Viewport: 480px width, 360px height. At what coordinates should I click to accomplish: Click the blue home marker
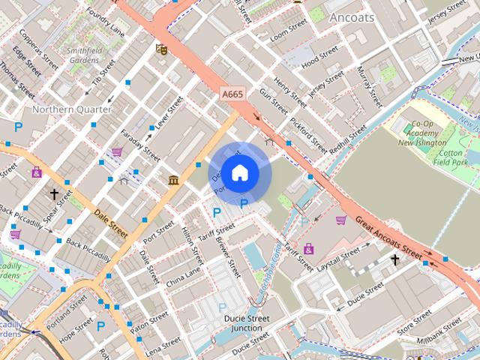point(238,173)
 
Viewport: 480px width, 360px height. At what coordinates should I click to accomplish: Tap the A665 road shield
point(232,94)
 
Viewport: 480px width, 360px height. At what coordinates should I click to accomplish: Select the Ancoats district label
point(351,17)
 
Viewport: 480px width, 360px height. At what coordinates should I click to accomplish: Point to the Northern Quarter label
point(72,109)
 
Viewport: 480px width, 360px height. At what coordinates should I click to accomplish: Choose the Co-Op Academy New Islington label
point(422,133)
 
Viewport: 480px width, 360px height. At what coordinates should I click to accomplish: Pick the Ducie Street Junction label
point(247,323)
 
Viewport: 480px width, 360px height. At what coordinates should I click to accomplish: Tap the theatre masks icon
point(160,49)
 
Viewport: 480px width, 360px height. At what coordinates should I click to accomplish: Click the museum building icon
point(173,180)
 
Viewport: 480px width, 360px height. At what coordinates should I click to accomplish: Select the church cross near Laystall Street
point(395,259)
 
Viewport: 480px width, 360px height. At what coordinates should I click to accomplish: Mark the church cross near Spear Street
point(54,194)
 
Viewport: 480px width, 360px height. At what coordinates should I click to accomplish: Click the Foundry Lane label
point(105,22)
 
